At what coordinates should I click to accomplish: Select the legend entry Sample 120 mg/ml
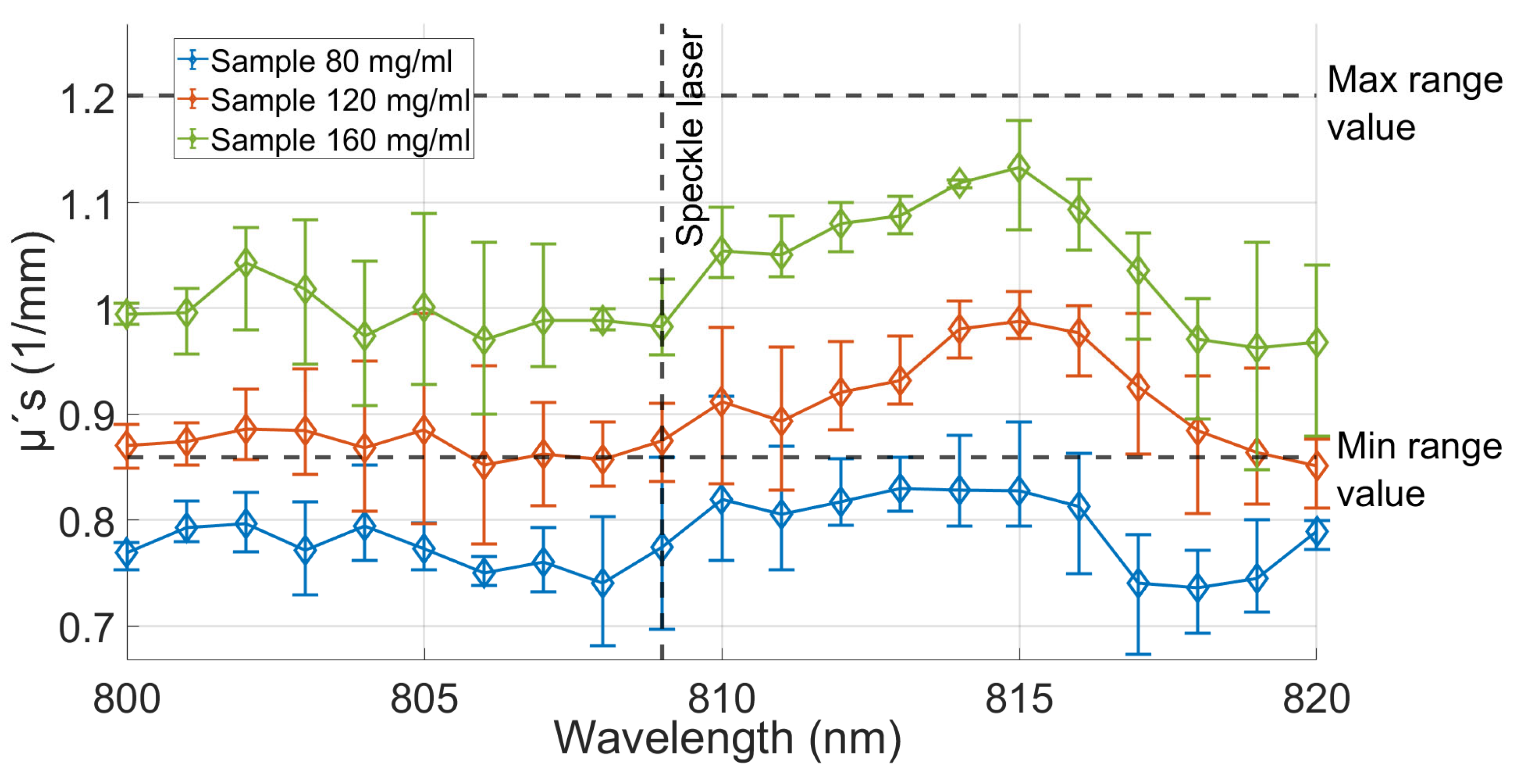click(340, 100)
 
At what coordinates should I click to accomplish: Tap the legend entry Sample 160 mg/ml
click(340, 140)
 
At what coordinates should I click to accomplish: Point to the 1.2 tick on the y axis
click(87, 98)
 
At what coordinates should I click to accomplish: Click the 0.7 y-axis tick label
click(86, 628)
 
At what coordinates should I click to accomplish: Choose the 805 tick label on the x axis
click(424, 699)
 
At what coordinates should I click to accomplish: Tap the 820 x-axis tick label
click(1315, 699)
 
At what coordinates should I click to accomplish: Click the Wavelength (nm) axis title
click(727, 738)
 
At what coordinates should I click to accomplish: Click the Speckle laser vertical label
click(690, 137)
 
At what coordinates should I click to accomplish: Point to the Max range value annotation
click(1414, 104)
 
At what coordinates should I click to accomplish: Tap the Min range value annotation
click(1419, 469)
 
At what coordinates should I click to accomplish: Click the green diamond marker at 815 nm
click(1019, 169)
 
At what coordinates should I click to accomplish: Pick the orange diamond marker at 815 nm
click(1019, 322)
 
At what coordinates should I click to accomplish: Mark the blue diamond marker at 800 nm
click(127, 553)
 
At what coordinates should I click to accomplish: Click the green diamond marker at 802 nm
click(246, 262)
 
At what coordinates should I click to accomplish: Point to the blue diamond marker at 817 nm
click(1138, 584)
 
